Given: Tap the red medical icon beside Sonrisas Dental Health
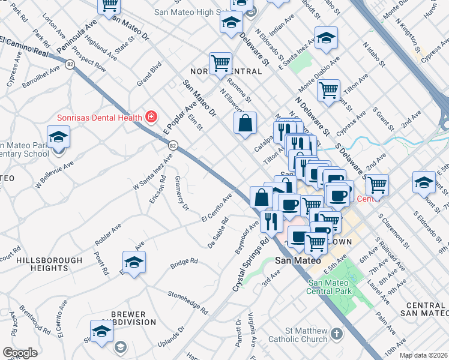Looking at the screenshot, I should click(x=151, y=116).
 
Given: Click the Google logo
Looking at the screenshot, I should click(x=20, y=352).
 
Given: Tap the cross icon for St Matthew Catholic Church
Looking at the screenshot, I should click(x=337, y=333).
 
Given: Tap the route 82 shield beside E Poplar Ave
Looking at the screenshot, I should click(x=173, y=145).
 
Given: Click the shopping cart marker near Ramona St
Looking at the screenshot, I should click(x=220, y=62).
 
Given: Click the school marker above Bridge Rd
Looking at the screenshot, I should click(x=134, y=262).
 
